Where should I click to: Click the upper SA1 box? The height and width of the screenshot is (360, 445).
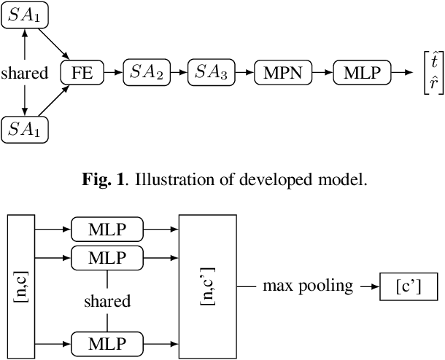click(x=25, y=16)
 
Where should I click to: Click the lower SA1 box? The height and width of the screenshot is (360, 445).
click(x=25, y=130)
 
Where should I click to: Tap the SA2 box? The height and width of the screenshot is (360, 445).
click(x=147, y=73)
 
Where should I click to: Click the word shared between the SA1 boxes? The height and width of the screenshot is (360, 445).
click(x=25, y=73)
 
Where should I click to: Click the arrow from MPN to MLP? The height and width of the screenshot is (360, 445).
click(x=322, y=73)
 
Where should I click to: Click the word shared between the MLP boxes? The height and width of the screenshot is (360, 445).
click(x=107, y=301)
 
